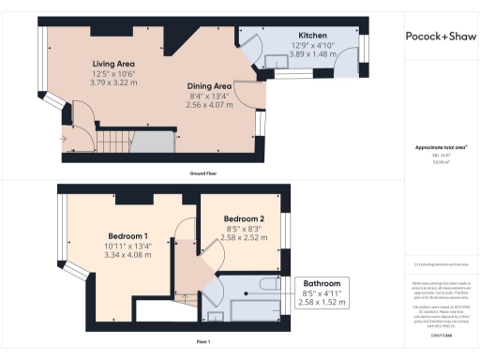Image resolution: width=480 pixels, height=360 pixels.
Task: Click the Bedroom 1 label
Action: click(127, 234)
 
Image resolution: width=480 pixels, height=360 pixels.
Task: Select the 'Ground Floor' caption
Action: click(203, 174)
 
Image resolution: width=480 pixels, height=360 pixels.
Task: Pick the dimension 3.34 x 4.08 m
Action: click(127, 255)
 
